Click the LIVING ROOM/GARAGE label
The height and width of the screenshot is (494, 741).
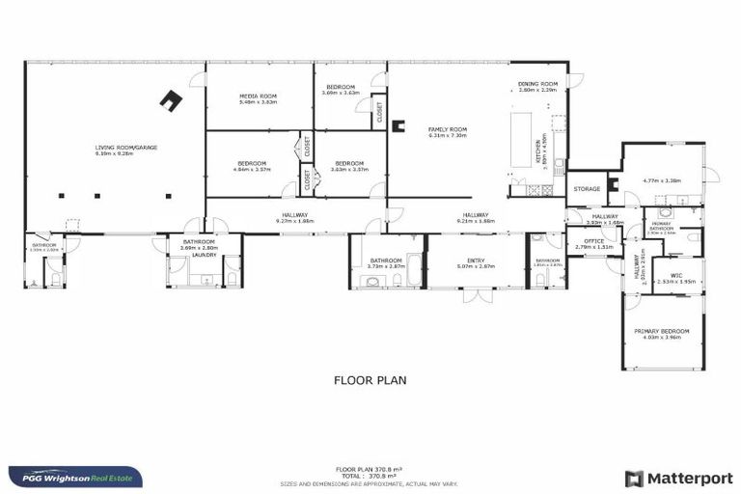[x=126, y=148]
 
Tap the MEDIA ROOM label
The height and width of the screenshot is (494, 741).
[x=258, y=96]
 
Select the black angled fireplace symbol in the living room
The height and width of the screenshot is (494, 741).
[x=173, y=100]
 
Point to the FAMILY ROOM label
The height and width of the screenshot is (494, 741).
[x=448, y=129]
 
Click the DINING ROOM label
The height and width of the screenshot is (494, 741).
[x=537, y=84]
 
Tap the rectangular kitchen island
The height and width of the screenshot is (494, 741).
[x=521, y=134]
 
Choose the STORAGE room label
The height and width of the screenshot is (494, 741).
[x=587, y=189]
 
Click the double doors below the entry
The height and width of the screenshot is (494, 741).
[x=471, y=295]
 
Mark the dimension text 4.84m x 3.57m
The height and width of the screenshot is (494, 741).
[x=252, y=170]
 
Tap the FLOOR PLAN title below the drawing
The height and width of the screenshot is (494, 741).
[x=370, y=380]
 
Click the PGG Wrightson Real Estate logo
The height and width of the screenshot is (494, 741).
[x=75, y=477]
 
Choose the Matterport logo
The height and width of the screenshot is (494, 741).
[x=678, y=478]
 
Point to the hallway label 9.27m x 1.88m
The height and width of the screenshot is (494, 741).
[x=294, y=221]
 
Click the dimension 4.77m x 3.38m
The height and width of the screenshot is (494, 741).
[x=661, y=179]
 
